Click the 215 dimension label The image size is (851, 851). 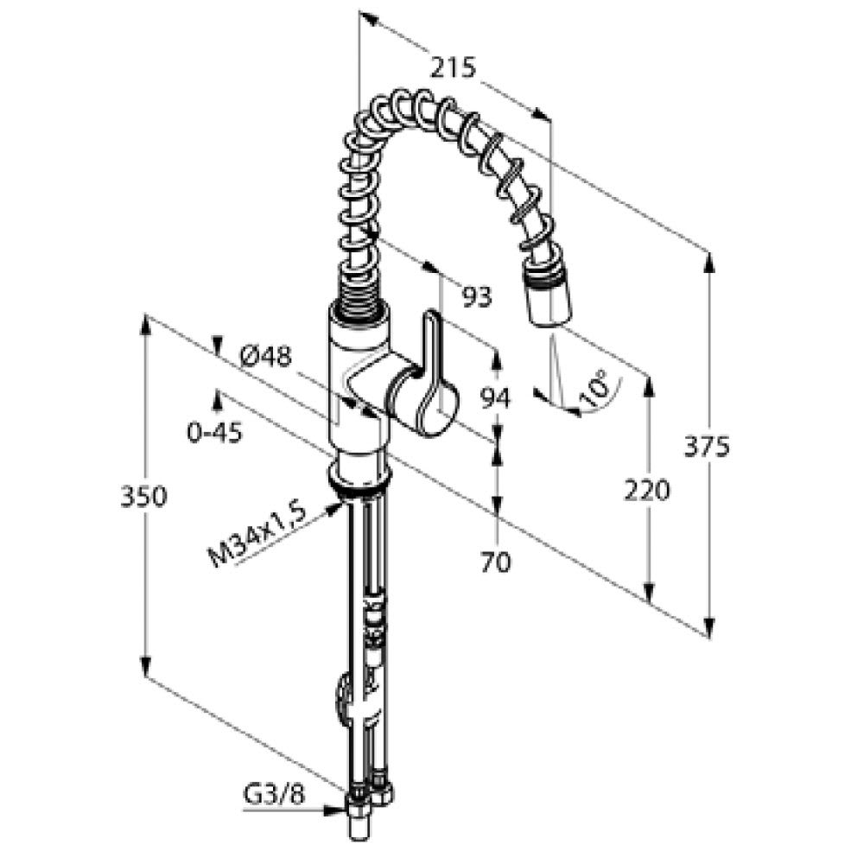click(x=454, y=68)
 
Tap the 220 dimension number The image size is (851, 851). click(x=647, y=490)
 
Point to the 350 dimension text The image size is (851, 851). click(x=143, y=497)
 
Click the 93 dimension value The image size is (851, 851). click(x=477, y=296)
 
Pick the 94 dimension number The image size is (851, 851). click(x=496, y=399)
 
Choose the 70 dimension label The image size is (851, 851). click(x=496, y=562)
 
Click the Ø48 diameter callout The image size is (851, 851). click(x=265, y=357)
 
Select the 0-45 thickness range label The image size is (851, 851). click(x=214, y=433)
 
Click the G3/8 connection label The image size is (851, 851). click(x=274, y=796)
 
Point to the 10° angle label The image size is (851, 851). click(x=594, y=388)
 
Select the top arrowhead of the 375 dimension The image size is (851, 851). click(x=708, y=264)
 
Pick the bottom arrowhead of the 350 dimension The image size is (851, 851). click(x=145, y=666)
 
